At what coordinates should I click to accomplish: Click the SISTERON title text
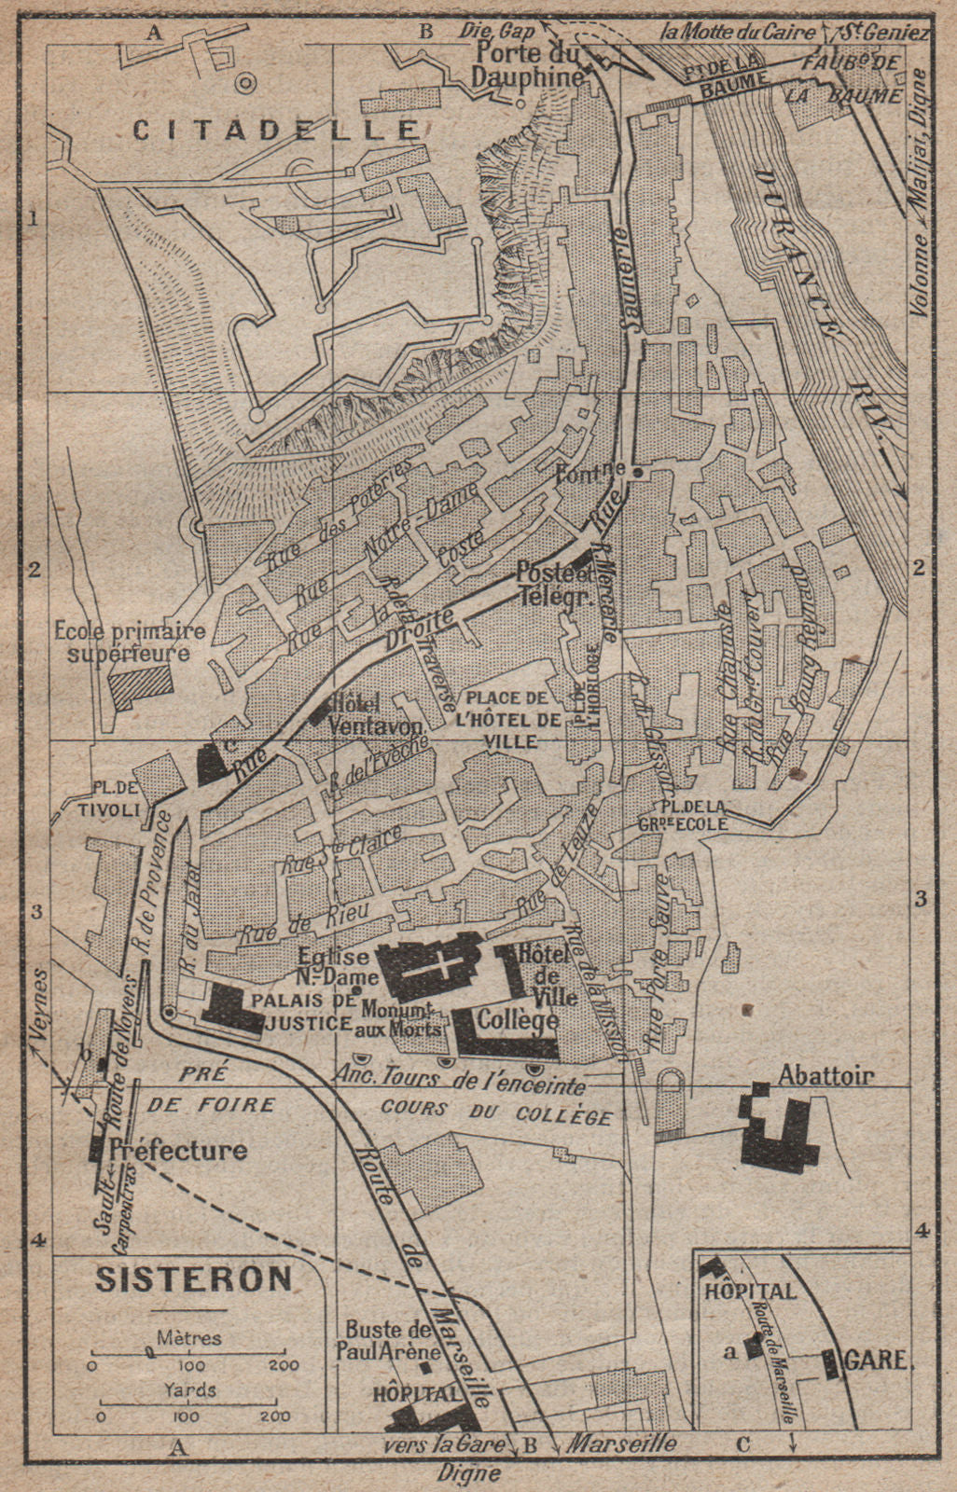(x=193, y=1278)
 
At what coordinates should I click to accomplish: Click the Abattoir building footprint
(x=779, y=1130)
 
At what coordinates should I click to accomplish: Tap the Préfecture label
(x=177, y=1150)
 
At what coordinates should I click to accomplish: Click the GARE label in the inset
(x=877, y=1360)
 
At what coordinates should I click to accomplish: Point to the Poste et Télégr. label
(x=556, y=586)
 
